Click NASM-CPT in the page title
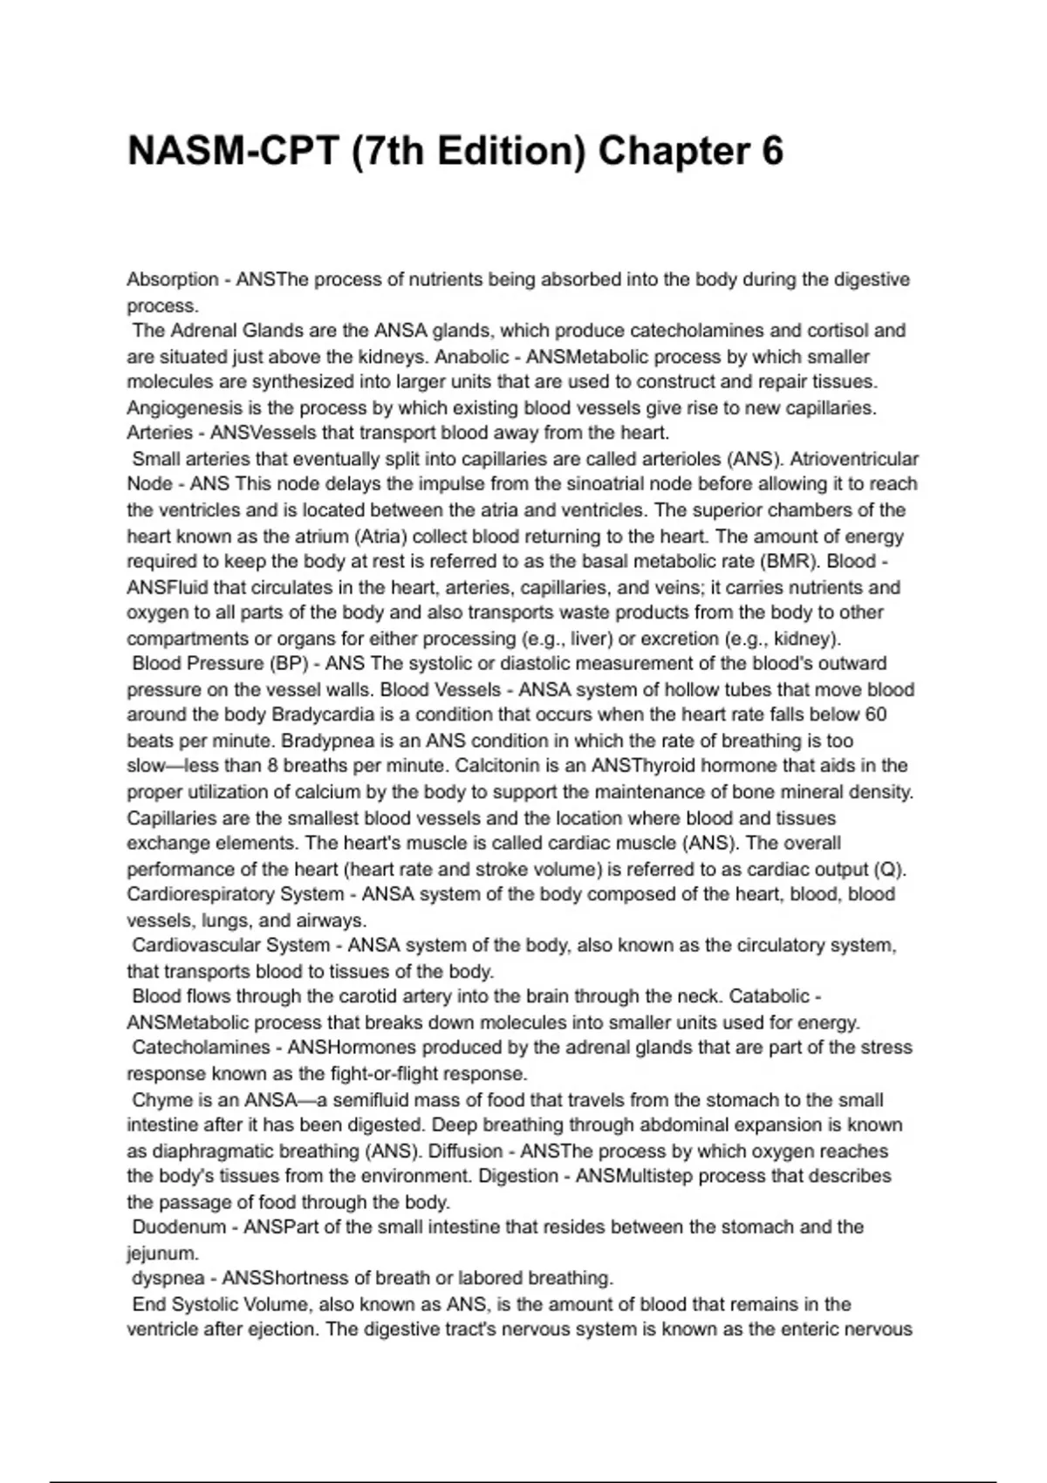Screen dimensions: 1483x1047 coord(232,151)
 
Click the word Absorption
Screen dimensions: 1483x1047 coord(173,280)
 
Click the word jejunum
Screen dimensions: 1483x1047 coord(161,1254)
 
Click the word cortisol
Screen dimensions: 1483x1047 coord(821,331)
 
